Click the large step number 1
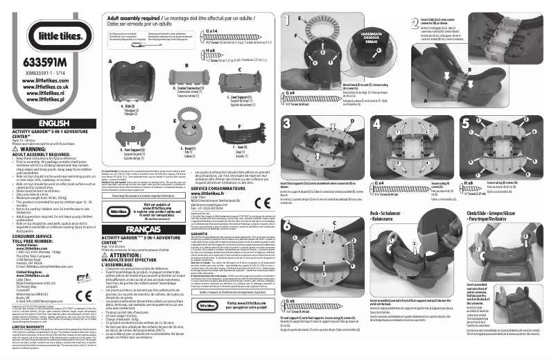(288, 17)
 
